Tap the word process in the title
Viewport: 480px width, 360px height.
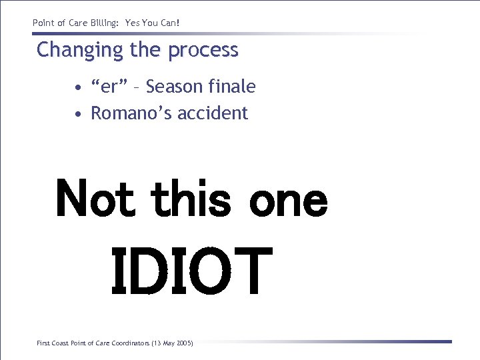(203, 51)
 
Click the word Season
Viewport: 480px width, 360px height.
(175, 87)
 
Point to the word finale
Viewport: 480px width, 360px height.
(232, 87)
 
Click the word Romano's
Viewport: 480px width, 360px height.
(128, 113)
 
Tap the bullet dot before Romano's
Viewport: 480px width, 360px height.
(79, 114)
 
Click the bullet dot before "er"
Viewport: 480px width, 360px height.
(79, 87)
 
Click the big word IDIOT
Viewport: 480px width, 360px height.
(191, 271)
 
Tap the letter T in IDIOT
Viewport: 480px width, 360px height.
(252, 271)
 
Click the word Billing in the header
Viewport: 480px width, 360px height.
(101, 23)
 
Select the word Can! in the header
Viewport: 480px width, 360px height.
(169, 23)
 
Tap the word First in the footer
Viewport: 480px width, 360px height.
(43, 343)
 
